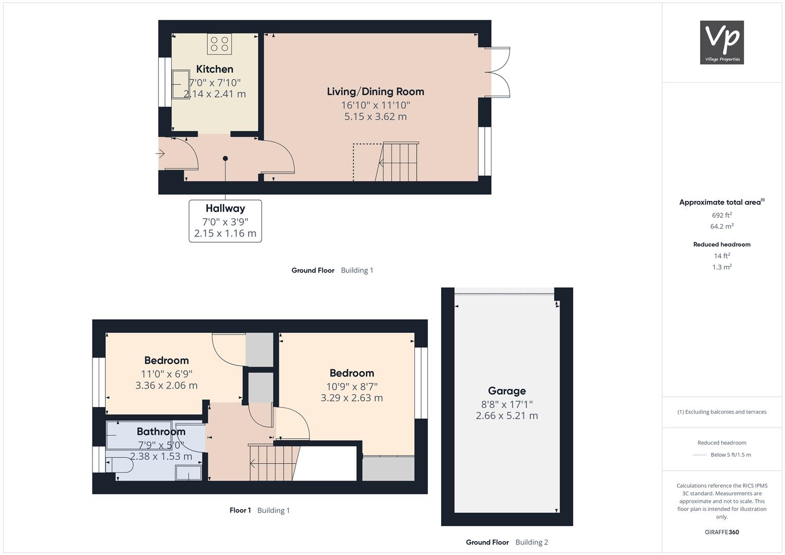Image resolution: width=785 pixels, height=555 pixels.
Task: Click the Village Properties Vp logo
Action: click(x=722, y=42)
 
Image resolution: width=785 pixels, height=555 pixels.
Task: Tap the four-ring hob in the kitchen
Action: click(x=220, y=44)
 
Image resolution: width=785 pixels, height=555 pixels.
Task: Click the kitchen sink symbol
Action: click(x=180, y=84)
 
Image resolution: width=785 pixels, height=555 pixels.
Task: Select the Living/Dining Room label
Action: click(x=375, y=91)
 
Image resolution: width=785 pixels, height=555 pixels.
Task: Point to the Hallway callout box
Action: click(x=225, y=221)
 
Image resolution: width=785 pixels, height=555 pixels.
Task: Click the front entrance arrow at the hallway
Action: click(x=160, y=154)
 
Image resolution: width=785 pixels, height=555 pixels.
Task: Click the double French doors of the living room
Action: click(x=498, y=72)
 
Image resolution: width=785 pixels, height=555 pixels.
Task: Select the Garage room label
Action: click(x=507, y=391)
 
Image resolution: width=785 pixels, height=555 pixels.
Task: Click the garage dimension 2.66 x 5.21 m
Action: click(x=507, y=416)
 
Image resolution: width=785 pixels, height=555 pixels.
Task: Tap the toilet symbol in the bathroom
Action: click(x=119, y=465)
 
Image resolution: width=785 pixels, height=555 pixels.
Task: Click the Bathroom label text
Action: click(x=161, y=431)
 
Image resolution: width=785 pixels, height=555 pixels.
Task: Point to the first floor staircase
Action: click(x=274, y=463)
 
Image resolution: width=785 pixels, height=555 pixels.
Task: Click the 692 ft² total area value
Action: click(x=722, y=215)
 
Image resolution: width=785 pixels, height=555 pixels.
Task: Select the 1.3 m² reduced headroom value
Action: click(x=722, y=267)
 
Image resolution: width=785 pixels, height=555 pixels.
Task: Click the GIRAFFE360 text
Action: click(x=722, y=532)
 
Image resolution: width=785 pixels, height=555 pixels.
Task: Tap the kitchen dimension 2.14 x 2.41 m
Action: click(x=214, y=94)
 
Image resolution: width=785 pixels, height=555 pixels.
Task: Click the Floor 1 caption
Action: click(x=240, y=510)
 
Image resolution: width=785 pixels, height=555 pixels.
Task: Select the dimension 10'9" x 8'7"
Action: click(x=352, y=386)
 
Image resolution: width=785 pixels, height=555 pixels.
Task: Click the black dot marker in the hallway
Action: click(x=225, y=158)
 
